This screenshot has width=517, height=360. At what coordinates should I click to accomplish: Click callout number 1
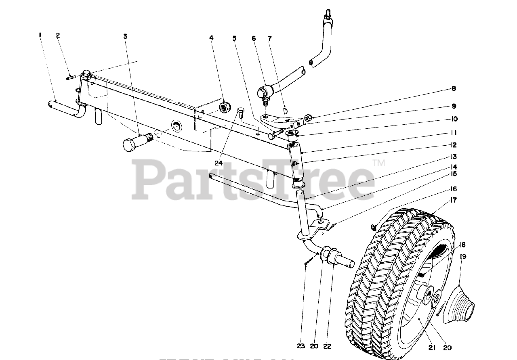40,35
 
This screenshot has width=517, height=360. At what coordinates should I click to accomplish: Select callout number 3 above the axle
126,36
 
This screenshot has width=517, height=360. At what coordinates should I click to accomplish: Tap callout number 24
219,163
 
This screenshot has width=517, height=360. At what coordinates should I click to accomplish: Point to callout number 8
454,89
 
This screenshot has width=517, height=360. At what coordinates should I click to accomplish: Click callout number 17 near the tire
454,200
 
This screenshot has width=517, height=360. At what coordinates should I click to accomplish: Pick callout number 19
463,256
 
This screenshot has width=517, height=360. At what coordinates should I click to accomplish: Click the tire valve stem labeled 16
374,227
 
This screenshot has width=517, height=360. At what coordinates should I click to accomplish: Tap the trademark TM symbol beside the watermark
379,163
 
